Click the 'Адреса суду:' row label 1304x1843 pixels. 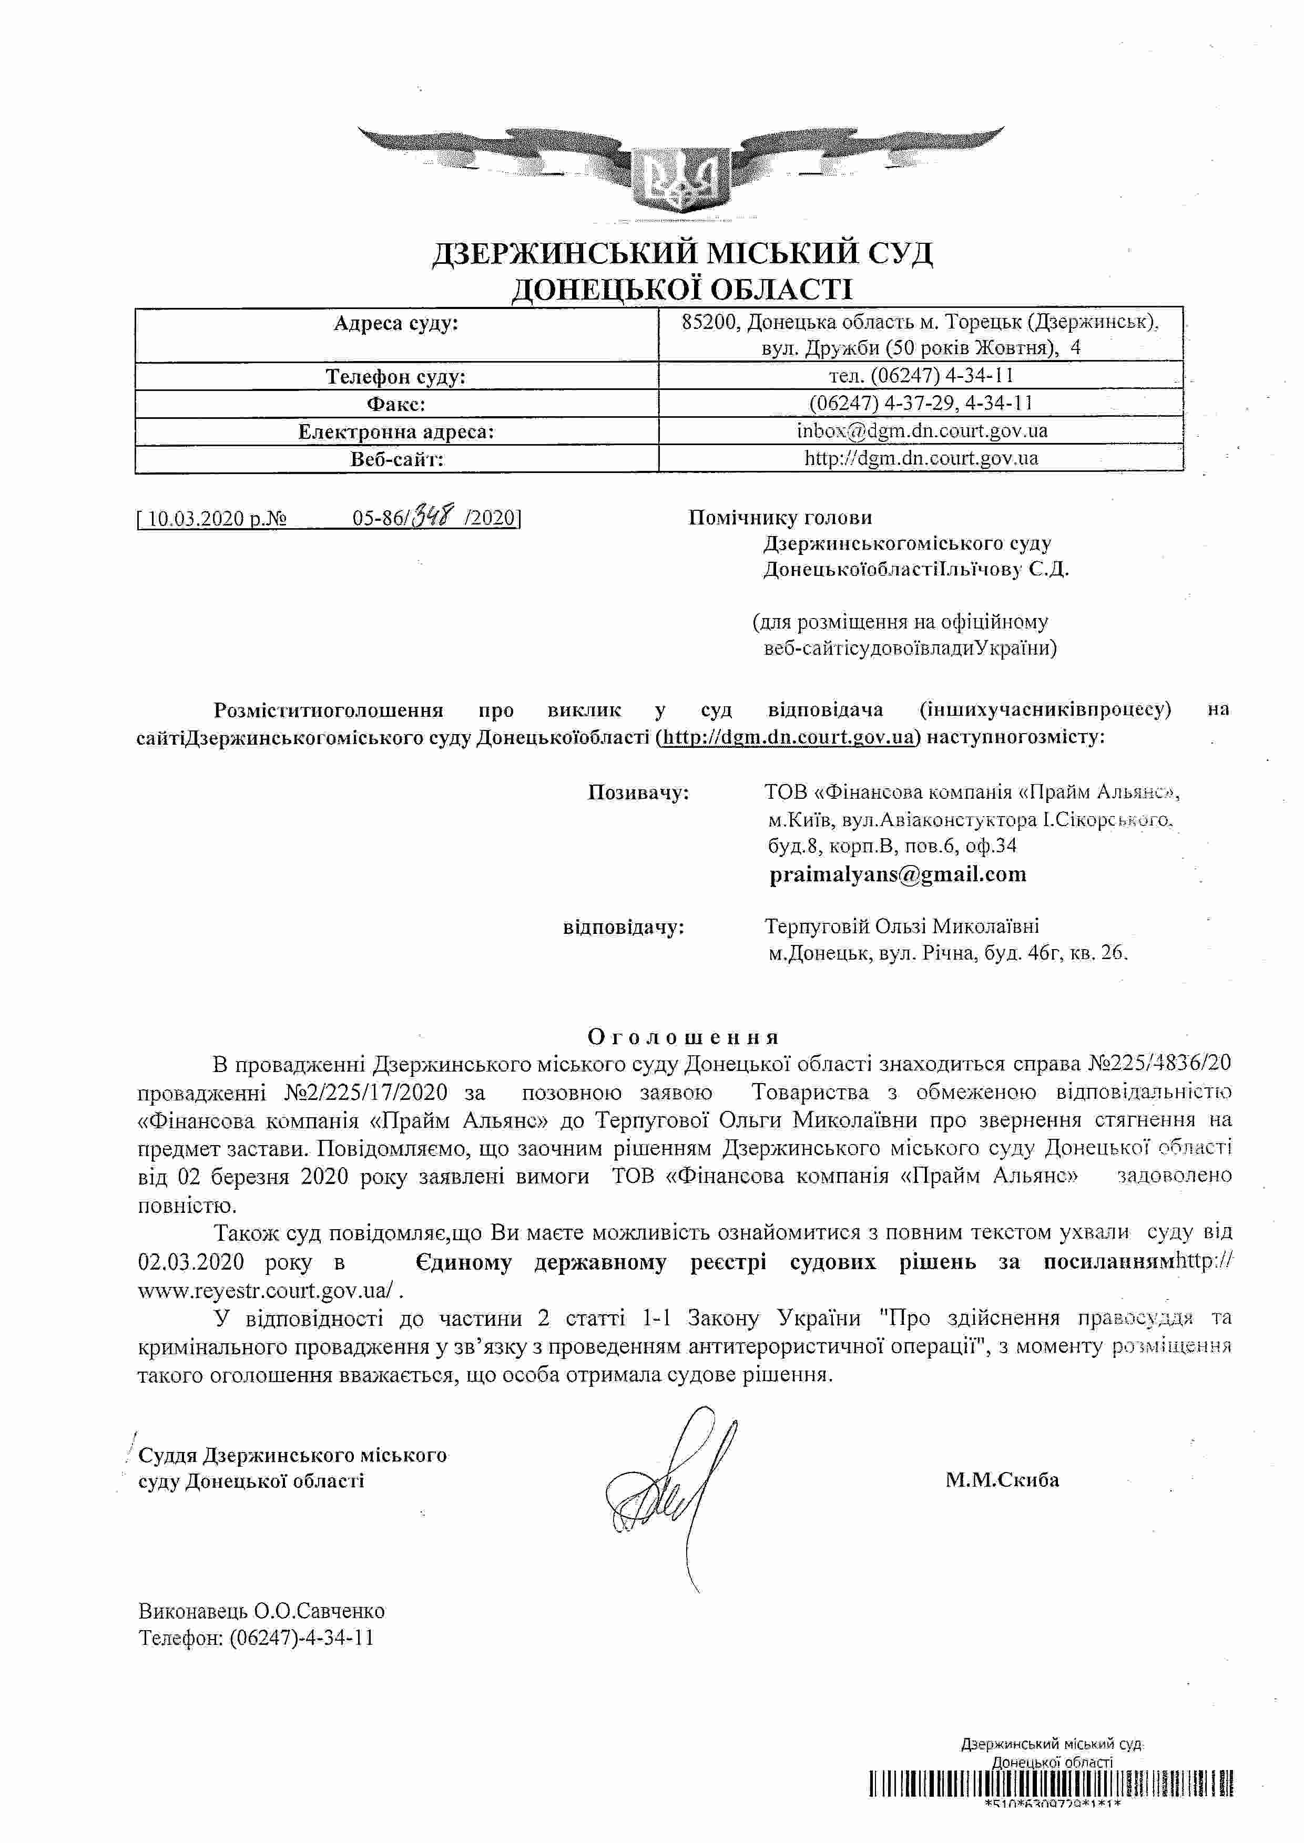point(396,324)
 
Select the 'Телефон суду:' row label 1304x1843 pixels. point(396,376)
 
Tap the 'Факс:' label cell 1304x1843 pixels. point(396,404)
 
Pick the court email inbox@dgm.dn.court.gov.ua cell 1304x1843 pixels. point(922,431)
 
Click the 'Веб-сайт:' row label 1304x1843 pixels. point(396,459)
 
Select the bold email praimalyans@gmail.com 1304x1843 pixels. point(898,874)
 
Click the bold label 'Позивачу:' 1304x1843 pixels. point(638,793)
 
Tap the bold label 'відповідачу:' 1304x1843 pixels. point(624,928)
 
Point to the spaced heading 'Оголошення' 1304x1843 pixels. point(684,1037)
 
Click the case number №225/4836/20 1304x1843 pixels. point(1159,1064)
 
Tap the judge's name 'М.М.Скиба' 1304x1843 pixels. point(1002,1479)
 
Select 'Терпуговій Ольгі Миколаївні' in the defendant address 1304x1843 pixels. point(902,927)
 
